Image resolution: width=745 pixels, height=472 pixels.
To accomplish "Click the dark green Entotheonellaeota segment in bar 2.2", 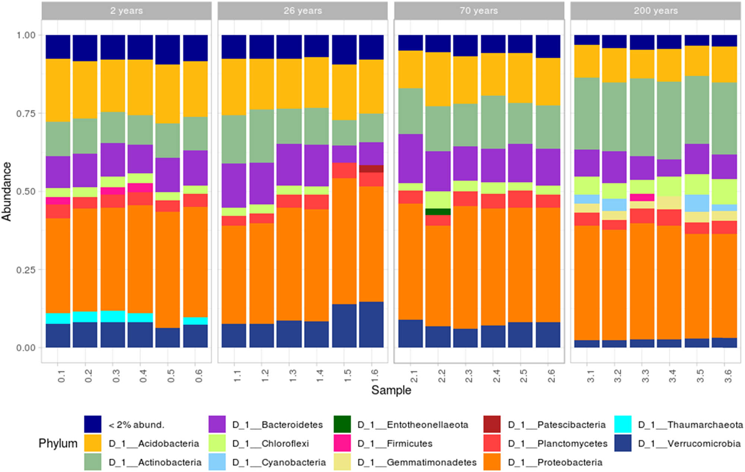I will click(x=438, y=211).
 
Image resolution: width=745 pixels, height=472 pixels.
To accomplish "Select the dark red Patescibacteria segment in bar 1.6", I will click(x=371, y=168).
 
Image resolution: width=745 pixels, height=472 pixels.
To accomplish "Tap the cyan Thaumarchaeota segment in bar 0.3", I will click(x=113, y=316).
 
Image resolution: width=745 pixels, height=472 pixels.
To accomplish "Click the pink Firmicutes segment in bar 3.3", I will click(x=642, y=197).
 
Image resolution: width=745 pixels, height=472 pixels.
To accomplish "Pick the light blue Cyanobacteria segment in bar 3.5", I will click(x=697, y=203).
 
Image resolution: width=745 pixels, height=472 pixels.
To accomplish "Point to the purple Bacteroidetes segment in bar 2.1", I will click(x=410, y=158).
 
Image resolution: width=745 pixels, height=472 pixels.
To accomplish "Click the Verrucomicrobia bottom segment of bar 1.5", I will click(x=344, y=326).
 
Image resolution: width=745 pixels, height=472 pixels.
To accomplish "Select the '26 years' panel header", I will click(x=302, y=10).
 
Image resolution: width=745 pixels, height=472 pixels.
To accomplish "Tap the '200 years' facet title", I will click(x=655, y=10).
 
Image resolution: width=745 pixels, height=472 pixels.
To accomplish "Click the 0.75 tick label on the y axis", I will click(x=26, y=114).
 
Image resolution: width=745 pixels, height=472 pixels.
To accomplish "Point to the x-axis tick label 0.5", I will click(x=171, y=376).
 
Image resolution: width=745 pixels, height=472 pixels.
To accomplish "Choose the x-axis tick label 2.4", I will click(x=496, y=376).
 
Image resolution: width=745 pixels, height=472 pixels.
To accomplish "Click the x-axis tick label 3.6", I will click(x=728, y=376).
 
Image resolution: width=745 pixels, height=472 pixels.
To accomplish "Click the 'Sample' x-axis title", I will click(x=391, y=390).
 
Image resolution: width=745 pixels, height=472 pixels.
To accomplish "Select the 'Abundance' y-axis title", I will click(x=7, y=191).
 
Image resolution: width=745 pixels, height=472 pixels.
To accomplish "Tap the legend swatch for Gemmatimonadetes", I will click(x=342, y=462).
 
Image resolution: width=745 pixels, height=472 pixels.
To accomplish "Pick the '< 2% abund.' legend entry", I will click(x=136, y=425).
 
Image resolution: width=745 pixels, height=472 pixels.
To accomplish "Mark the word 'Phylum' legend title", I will click(x=58, y=443).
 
